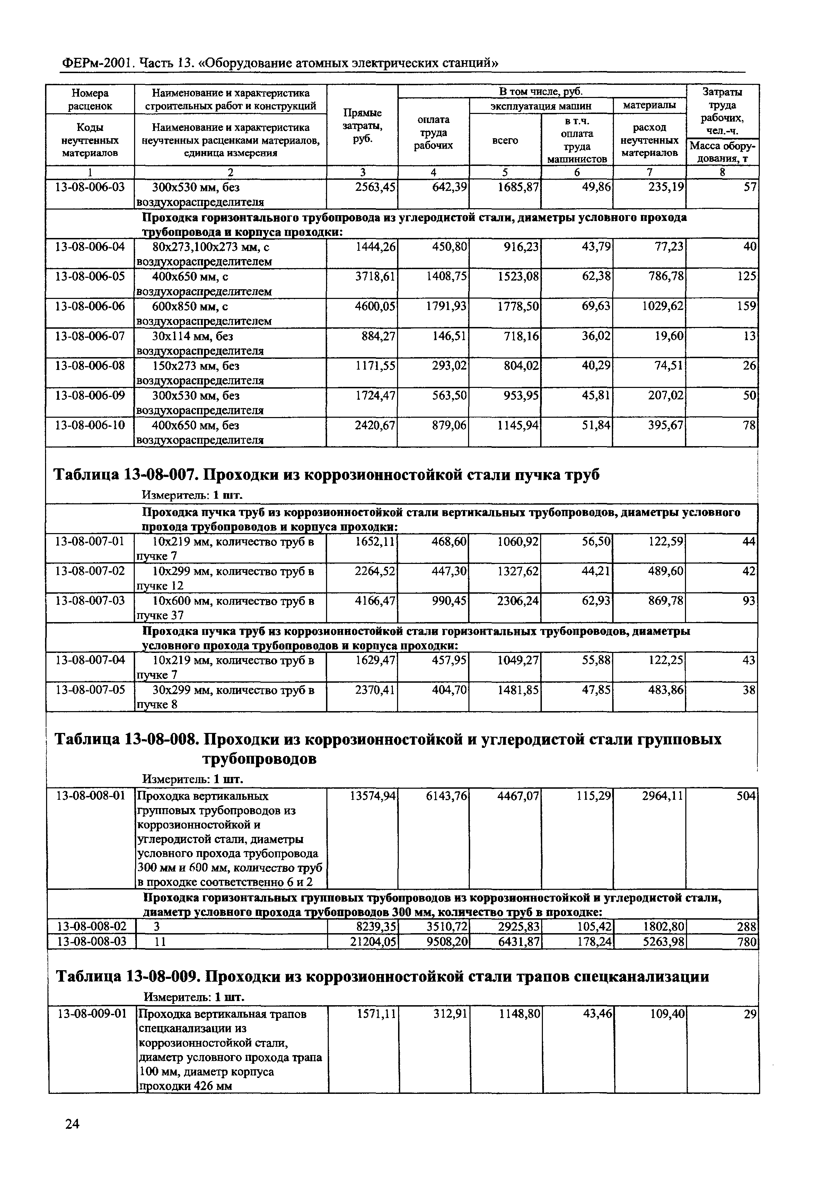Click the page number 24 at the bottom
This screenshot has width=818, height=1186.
tap(72, 1138)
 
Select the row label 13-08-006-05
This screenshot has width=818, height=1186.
tap(90, 277)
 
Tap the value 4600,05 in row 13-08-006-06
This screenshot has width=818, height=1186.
tap(375, 306)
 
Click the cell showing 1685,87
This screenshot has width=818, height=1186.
tap(518, 187)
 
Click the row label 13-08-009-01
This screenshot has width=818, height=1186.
tap(92, 1014)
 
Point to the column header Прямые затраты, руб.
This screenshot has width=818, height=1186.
tap(362, 125)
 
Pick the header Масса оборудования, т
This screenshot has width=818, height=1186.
tap(722, 152)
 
